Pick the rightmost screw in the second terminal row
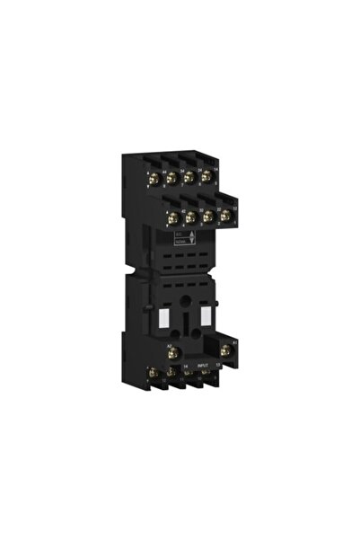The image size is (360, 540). click(x=224, y=217)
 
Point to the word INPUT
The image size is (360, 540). click(x=203, y=366)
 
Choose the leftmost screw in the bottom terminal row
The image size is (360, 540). click(x=153, y=373)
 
